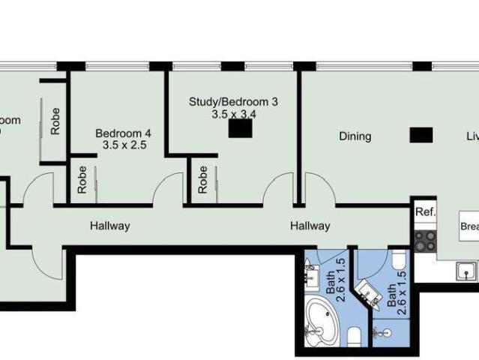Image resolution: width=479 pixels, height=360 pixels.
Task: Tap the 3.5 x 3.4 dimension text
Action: (235, 114)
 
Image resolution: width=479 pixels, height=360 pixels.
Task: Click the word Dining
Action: (355, 136)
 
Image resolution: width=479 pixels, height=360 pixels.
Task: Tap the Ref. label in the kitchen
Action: (426, 212)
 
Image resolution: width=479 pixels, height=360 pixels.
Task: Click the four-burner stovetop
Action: (426, 240)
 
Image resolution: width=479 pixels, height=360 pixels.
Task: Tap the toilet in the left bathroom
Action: (355, 334)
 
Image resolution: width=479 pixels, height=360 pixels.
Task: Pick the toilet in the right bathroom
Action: (398, 260)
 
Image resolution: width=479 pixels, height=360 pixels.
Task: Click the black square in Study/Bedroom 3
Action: (240, 129)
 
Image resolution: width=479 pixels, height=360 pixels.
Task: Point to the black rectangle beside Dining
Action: (421, 135)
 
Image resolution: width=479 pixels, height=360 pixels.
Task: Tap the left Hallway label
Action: (110, 226)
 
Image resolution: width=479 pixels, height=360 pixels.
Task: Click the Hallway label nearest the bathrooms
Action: (310, 226)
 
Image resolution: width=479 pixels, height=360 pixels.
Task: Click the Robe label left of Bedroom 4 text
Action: (55, 121)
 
